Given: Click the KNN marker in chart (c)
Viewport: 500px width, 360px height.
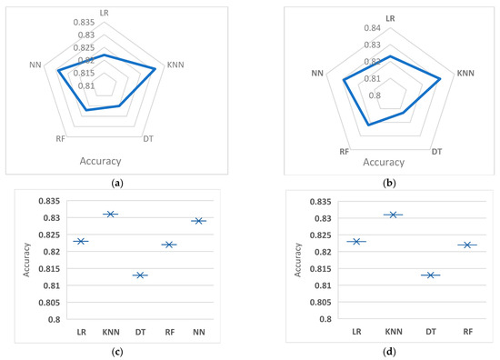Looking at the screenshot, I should pyautogui.click(x=111, y=214).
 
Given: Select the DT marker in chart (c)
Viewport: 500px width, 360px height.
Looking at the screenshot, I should pyautogui.click(x=140, y=275).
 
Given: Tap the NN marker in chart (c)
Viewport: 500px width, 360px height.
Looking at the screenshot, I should pyautogui.click(x=199, y=220).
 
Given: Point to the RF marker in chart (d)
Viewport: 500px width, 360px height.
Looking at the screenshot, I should pyautogui.click(x=467, y=245).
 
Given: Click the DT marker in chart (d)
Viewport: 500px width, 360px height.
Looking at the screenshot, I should pyautogui.click(x=431, y=275).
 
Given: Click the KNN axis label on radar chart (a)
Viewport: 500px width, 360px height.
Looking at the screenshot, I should pyautogui.click(x=176, y=65).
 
